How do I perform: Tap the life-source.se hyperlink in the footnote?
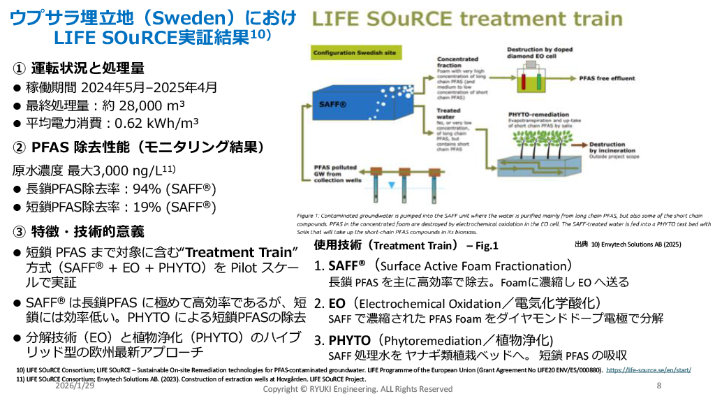(x=649, y=369)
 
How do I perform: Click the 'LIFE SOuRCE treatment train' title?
(x=466, y=20)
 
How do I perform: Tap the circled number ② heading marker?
(x=19, y=147)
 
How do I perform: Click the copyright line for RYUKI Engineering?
(x=357, y=388)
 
